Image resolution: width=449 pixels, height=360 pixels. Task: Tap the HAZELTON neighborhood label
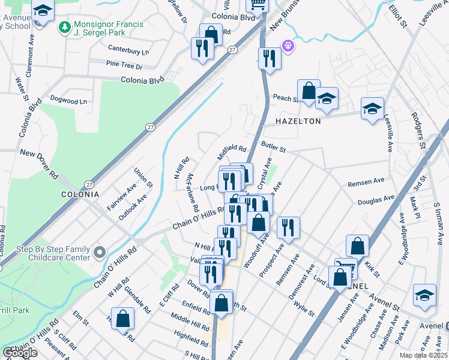pyautogui.click(x=298, y=121)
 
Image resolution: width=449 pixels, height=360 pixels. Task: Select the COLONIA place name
pyautogui.click(x=80, y=194)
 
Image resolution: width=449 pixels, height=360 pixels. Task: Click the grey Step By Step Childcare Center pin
pyautogui.click(x=100, y=253)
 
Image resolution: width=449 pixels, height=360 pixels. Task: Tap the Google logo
pyautogui.click(x=20, y=353)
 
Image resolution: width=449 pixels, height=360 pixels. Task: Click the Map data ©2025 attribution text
pyautogui.click(x=423, y=355)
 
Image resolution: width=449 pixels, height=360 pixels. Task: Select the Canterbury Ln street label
pyautogui.click(x=128, y=52)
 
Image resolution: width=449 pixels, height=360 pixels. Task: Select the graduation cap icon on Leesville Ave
pyautogui.click(x=372, y=109)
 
